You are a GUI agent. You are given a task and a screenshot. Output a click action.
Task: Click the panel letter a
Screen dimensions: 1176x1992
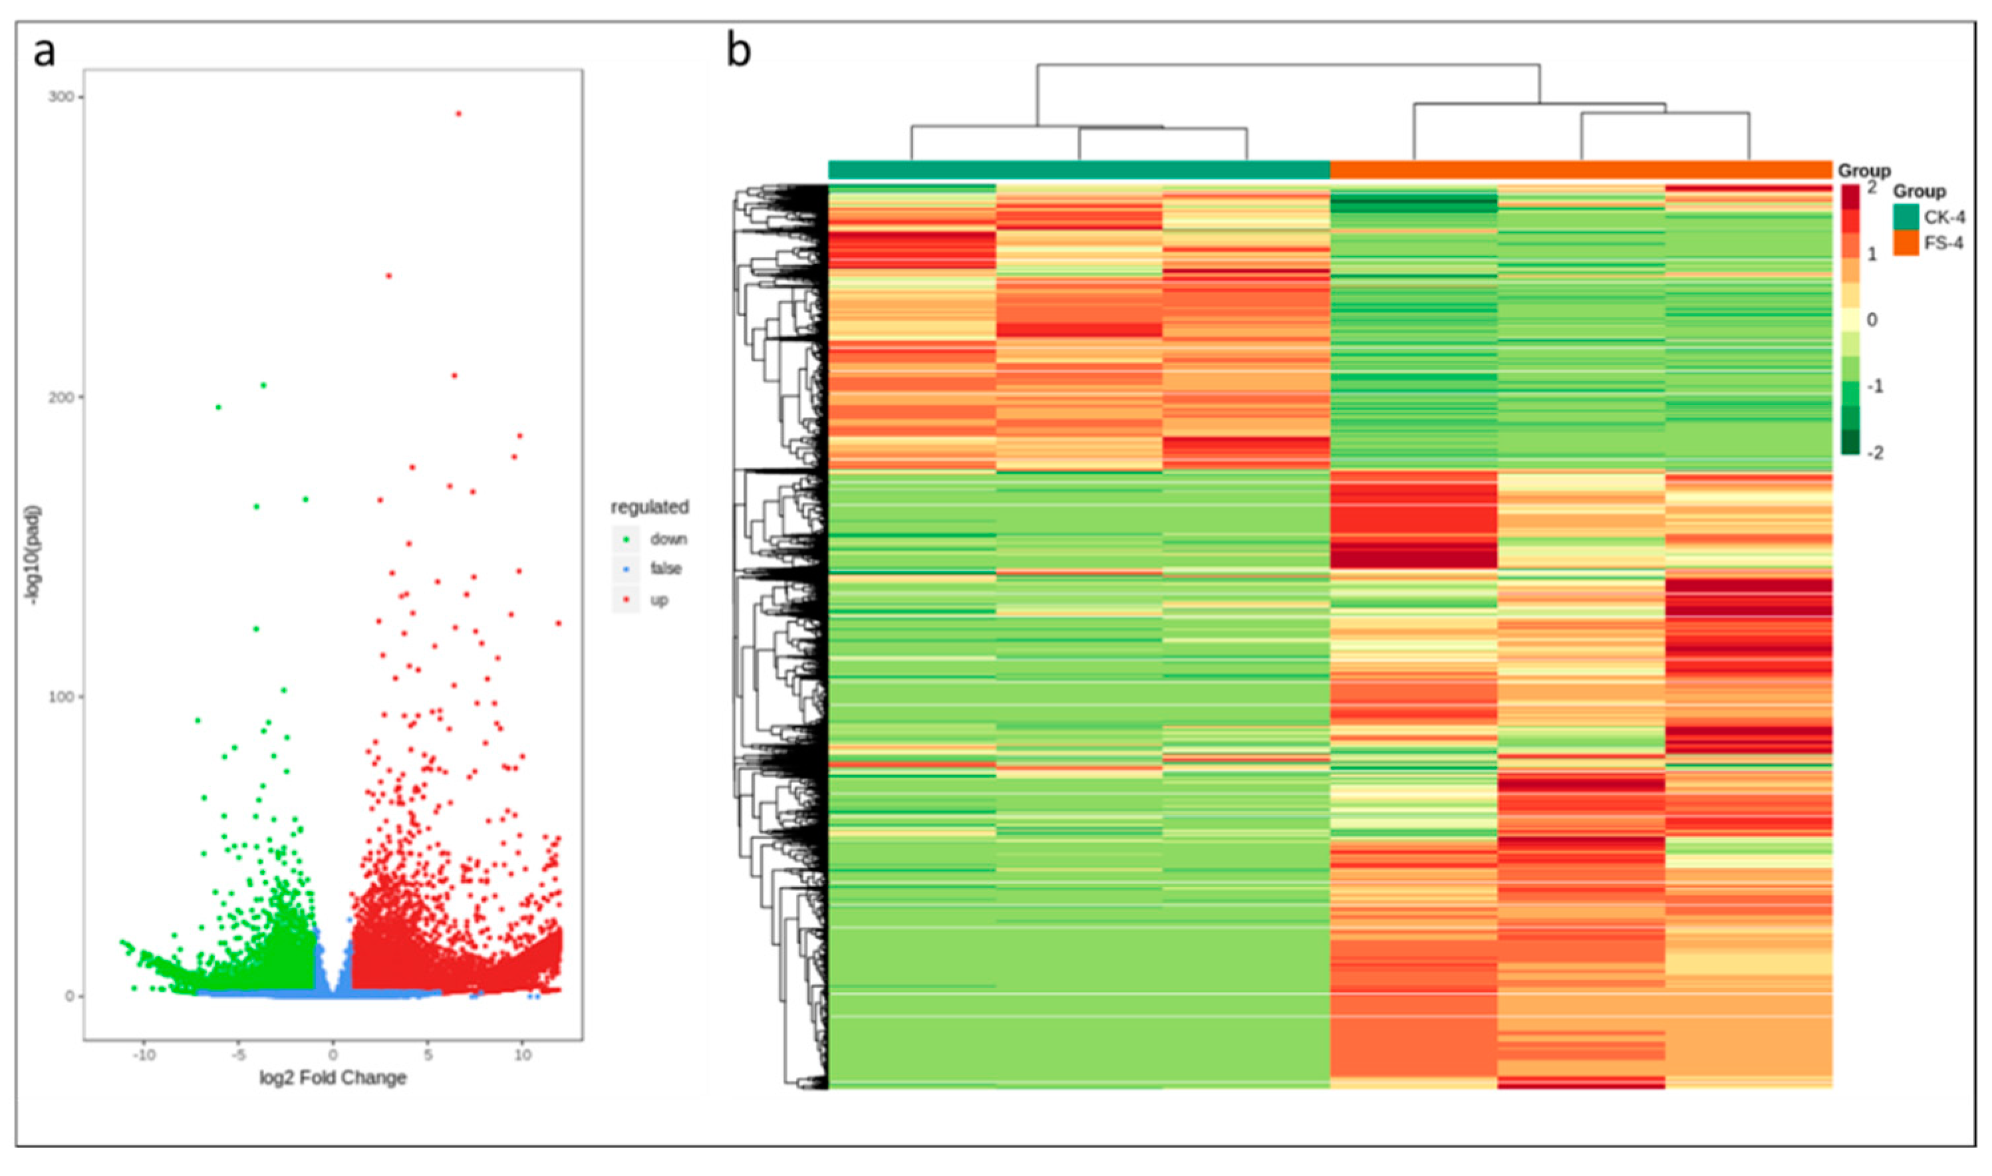point(45,53)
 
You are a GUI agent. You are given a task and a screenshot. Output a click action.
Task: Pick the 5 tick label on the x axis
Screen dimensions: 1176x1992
point(428,1056)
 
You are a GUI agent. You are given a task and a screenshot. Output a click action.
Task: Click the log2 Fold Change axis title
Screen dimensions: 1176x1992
point(333,1078)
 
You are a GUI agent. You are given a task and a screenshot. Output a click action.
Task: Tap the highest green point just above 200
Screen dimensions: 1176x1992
point(264,385)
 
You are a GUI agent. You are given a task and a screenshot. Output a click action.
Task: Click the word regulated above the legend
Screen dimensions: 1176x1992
point(649,507)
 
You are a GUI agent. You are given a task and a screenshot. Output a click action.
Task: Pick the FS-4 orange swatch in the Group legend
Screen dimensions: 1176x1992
point(1906,243)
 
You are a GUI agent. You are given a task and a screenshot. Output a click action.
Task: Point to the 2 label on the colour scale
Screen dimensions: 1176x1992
point(1872,188)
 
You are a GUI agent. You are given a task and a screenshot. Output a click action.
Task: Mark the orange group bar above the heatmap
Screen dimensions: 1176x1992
point(1580,170)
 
